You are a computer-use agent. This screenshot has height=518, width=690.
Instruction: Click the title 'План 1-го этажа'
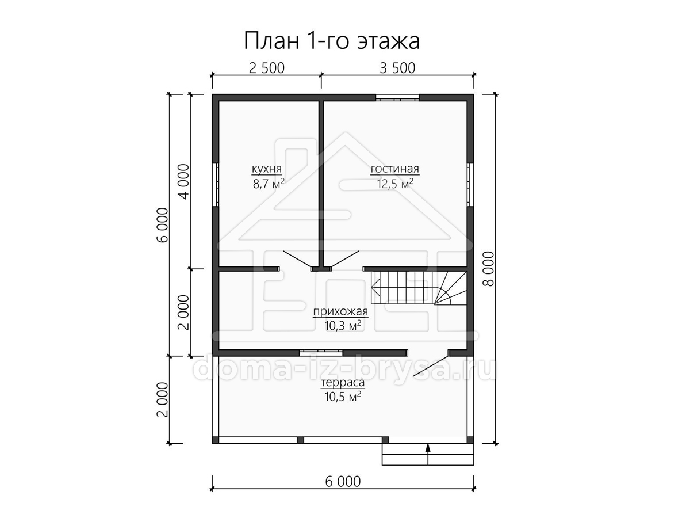332,41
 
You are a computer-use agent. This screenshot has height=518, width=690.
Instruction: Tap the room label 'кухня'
267,169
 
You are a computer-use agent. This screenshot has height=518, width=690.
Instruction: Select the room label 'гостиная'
395,169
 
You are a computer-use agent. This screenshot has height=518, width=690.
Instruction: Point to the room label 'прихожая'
340,312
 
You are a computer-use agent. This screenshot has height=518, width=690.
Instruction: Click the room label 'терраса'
343,383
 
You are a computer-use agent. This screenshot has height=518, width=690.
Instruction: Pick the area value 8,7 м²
269,184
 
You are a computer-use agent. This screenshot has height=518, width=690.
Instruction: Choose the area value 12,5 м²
395,184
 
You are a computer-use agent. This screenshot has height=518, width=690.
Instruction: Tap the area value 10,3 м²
343,326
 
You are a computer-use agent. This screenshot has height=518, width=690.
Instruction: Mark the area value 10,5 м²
343,397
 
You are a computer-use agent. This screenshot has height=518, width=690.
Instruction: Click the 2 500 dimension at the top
267,68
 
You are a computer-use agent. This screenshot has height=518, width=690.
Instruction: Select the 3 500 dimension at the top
397,68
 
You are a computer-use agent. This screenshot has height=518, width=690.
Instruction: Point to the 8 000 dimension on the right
489,269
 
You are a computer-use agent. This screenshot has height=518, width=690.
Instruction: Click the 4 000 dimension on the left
184,181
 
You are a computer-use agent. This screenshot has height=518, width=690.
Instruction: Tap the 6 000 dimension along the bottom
343,482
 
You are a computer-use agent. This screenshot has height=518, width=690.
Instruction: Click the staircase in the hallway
419,288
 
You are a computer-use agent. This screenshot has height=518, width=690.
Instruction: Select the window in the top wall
397,97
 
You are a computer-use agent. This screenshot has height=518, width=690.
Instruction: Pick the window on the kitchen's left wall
216,185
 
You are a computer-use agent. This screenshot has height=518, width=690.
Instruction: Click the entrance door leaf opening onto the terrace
431,366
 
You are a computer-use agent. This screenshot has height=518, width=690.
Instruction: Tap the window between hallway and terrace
321,353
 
